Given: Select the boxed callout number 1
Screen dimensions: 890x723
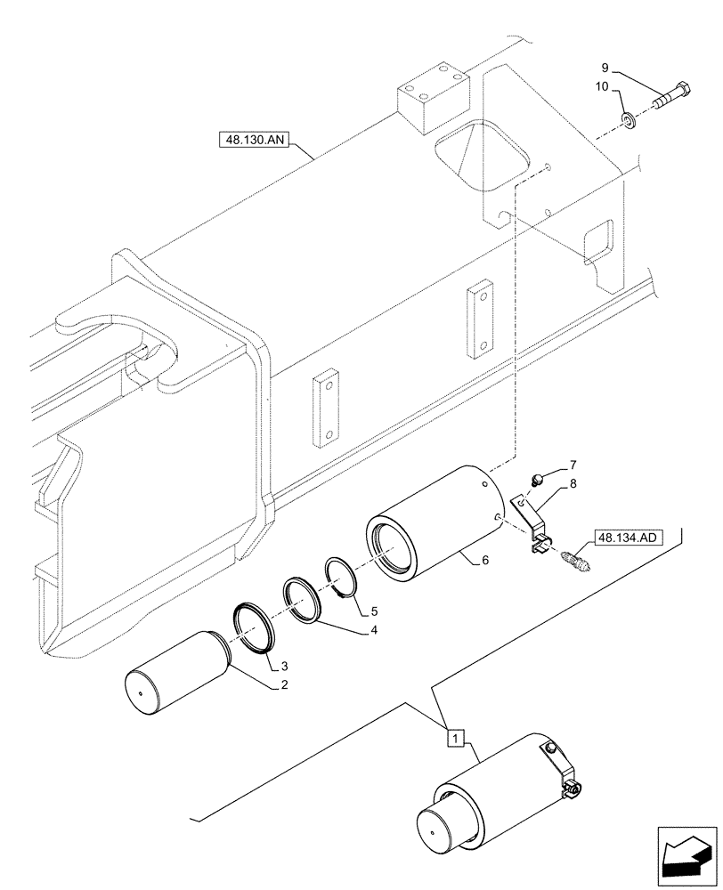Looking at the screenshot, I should click(454, 738).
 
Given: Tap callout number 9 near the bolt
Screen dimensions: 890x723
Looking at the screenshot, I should click(605, 68).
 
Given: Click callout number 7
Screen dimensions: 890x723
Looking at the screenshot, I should click(573, 465).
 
